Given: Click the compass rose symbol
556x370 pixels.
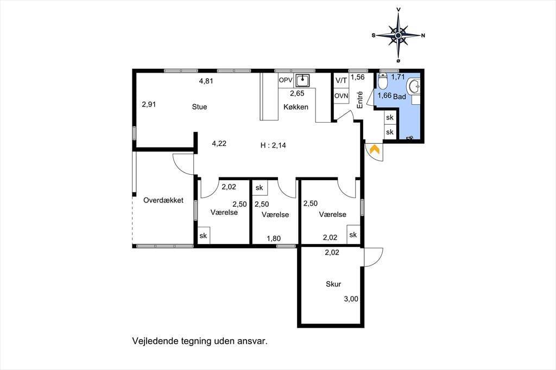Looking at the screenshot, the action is [x=398, y=35].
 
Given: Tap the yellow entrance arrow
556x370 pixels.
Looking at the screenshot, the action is [x=375, y=149].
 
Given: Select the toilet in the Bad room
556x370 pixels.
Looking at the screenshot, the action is [x=382, y=81].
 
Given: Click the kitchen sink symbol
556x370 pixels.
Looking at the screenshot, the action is [x=302, y=80].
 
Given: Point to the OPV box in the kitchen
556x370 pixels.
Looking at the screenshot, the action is [x=286, y=80].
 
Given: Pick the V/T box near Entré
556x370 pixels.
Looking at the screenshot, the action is [x=341, y=81].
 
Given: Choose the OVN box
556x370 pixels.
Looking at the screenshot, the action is [x=341, y=95].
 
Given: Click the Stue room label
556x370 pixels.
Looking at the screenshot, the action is [x=199, y=107].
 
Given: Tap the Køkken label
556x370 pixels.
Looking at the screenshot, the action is [x=296, y=107].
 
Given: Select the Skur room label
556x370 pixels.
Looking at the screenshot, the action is [x=333, y=284].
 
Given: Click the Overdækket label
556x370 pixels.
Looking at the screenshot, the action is [x=163, y=200].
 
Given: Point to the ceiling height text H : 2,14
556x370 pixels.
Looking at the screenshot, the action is [x=273, y=145].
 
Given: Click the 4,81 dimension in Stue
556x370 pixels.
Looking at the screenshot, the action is [x=206, y=81].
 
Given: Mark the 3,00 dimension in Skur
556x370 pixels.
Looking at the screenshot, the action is [x=351, y=299].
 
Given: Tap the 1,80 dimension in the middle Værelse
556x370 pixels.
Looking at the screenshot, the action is [x=274, y=239].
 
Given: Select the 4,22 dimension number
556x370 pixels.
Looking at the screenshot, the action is [x=219, y=144].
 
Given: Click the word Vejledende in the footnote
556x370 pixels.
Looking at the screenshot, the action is [x=155, y=341].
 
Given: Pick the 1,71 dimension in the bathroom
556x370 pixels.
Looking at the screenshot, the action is [x=398, y=76].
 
